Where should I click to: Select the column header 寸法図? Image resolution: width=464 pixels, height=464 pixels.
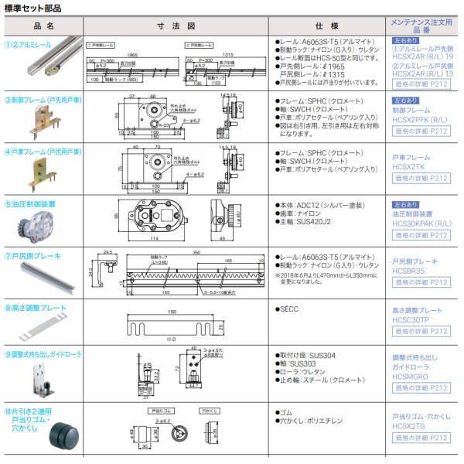tap(177, 26)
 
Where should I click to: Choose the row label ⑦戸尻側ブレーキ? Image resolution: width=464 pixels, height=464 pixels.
tap(32, 254)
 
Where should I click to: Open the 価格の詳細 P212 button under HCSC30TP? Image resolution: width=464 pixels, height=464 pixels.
tap(419, 331)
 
